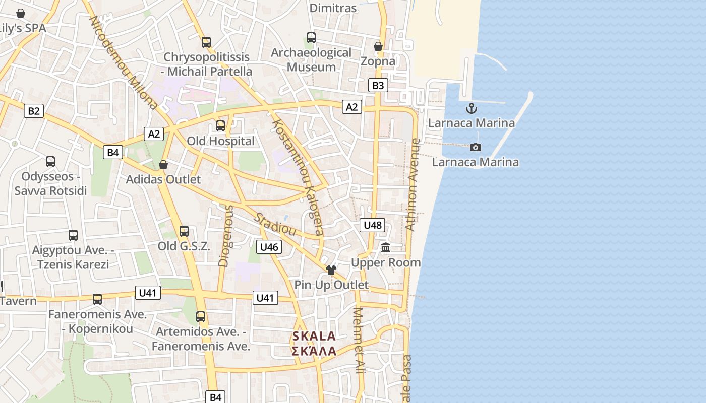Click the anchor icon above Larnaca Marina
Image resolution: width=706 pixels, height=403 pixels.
(x=472, y=108)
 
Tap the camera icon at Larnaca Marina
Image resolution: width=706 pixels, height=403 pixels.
(x=475, y=147)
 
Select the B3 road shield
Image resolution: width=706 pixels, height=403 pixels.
(x=378, y=85)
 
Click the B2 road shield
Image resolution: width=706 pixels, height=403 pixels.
(x=34, y=111)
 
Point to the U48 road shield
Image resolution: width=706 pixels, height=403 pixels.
(x=373, y=225)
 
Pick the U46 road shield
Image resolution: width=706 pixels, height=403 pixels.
(x=269, y=247)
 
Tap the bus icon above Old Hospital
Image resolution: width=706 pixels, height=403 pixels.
(x=220, y=126)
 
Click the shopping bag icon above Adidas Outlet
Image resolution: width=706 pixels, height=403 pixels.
(x=163, y=165)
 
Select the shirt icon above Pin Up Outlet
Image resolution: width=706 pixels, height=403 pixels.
(x=331, y=270)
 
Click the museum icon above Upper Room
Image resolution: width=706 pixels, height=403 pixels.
(x=386, y=247)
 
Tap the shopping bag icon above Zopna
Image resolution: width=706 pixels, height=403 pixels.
(x=378, y=46)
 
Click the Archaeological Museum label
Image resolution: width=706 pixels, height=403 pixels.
(x=311, y=59)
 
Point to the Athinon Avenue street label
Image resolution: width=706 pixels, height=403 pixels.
(x=413, y=185)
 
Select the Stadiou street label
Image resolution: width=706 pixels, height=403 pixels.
(x=275, y=224)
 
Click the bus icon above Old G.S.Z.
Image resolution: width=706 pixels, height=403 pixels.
(x=184, y=231)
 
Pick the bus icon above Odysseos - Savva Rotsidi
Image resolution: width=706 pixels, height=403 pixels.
(x=50, y=162)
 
